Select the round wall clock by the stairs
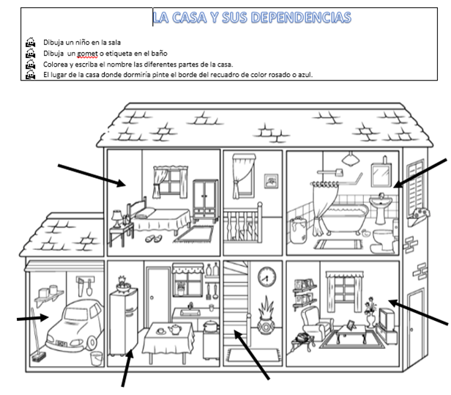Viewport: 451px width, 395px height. [x=266, y=277]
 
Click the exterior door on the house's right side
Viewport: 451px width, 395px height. [x=417, y=318]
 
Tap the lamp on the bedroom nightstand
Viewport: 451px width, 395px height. [x=116, y=217]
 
